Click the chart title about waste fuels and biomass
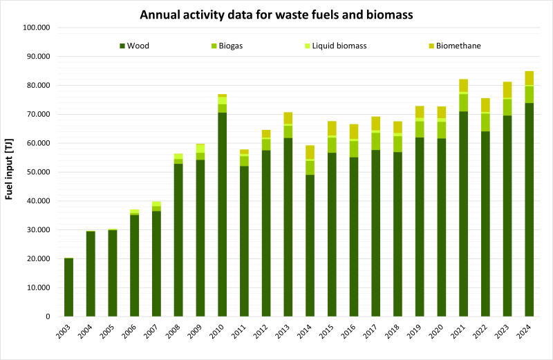[x=276, y=14]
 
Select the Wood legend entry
[x=138, y=46]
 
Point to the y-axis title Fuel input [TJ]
[x=10, y=172]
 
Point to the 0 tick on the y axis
[x=48, y=316]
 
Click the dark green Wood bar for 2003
[x=68, y=287]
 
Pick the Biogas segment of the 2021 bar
[x=463, y=102]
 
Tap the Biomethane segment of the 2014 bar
[x=310, y=152]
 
